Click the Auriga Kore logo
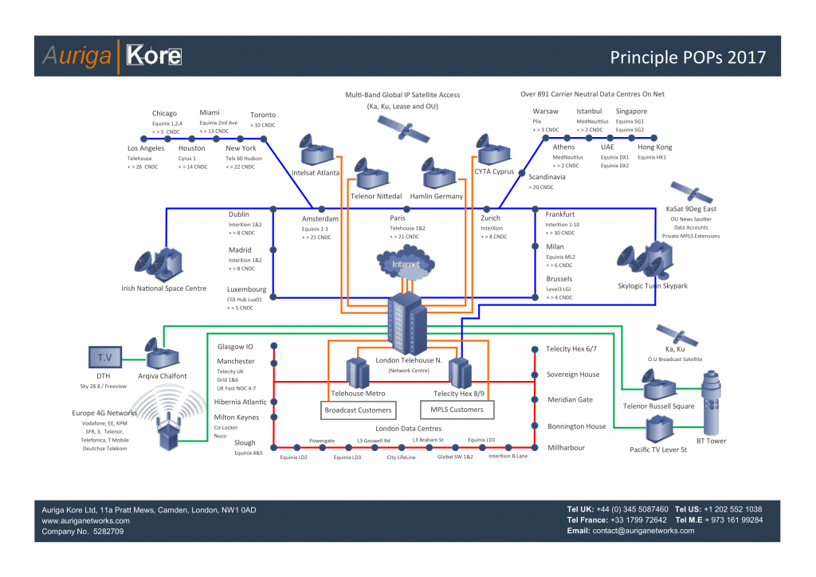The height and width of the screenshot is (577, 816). point(112,57)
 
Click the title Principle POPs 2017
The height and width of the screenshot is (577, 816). point(688,57)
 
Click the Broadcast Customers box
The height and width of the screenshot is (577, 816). point(358,410)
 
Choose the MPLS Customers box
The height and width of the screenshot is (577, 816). point(457,410)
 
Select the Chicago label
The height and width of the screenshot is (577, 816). point(164,113)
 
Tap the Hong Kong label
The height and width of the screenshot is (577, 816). point(654,147)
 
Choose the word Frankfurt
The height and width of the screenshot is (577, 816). point(559,214)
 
